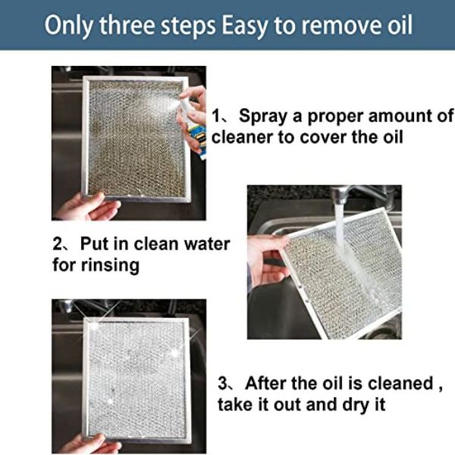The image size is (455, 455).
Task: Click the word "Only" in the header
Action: point(69,26)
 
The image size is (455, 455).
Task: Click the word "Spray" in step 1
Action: point(263,116)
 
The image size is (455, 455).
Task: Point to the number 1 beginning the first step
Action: point(216,116)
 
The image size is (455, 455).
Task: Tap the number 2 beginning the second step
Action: point(58,243)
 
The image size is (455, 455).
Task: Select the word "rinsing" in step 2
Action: point(110,266)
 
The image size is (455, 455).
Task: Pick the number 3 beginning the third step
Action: point(223,383)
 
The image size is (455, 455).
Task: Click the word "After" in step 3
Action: point(266,383)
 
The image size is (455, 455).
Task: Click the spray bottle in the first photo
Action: point(193,127)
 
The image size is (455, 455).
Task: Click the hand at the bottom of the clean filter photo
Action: point(87,444)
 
